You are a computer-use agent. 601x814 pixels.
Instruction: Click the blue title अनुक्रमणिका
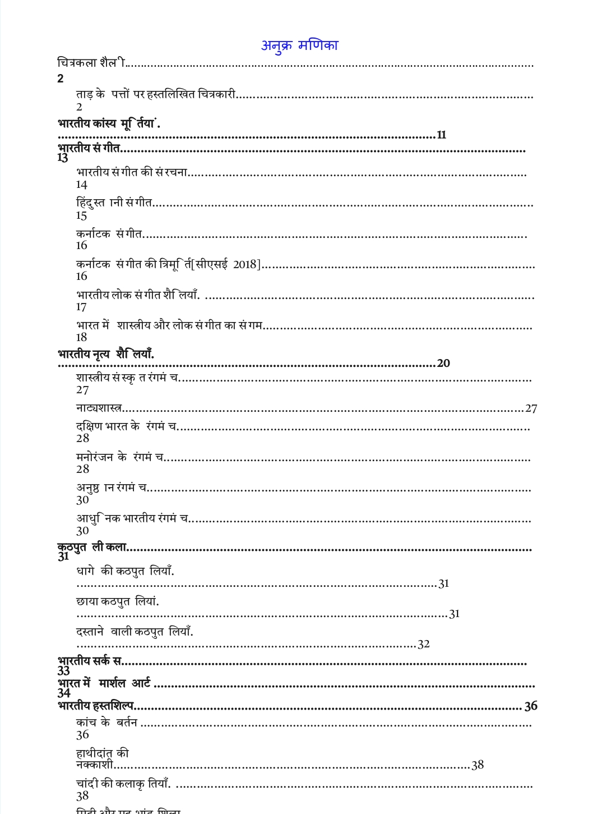(x=299, y=45)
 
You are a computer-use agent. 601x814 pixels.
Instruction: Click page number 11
(x=441, y=135)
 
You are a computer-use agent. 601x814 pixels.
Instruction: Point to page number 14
(x=82, y=185)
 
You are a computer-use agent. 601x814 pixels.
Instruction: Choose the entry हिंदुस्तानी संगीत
(x=114, y=203)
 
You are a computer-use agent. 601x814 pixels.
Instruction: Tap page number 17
(x=82, y=307)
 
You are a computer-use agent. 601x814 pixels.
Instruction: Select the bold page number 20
(x=443, y=364)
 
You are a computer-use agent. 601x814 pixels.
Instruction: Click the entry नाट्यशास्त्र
(x=99, y=408)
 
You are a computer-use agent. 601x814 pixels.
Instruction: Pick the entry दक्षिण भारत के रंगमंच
(x=126, y=426)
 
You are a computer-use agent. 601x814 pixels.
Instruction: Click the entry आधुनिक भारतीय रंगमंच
(x=132, y=518)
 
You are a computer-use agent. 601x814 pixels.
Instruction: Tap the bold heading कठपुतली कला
(x=93, y=547)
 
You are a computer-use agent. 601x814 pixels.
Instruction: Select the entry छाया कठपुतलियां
(x=118, y=602)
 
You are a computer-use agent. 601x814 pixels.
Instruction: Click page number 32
(x=424, y=644)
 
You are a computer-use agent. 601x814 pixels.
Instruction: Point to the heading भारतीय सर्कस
(x=90, y=661)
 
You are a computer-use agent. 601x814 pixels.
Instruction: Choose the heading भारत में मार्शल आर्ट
(x=104, y=684)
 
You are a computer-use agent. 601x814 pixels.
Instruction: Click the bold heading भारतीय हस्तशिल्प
(x=96, y=706)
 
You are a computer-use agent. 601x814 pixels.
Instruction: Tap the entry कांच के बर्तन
(x=107, y=723)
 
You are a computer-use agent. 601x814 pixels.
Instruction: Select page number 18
(x=82, y=337)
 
